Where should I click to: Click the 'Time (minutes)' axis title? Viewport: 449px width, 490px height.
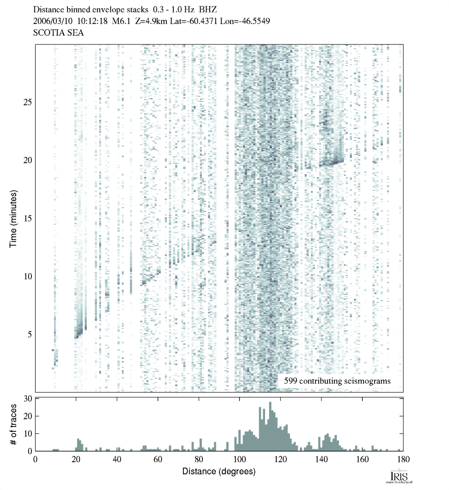[14, 218]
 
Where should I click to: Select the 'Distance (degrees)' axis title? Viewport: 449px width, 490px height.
[218, 472]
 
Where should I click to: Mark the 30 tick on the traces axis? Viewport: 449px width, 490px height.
[27, 398]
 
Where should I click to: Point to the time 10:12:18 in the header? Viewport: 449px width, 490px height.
[96, 21]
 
